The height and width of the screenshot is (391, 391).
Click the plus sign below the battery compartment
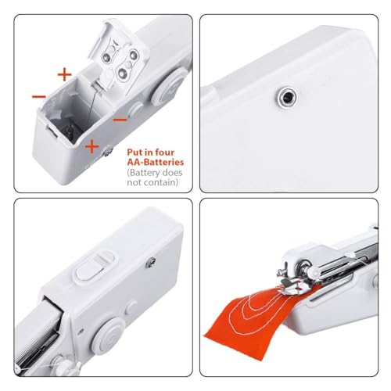(x=91, y=145)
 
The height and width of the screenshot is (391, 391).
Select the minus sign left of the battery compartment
(x=38, y=96)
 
